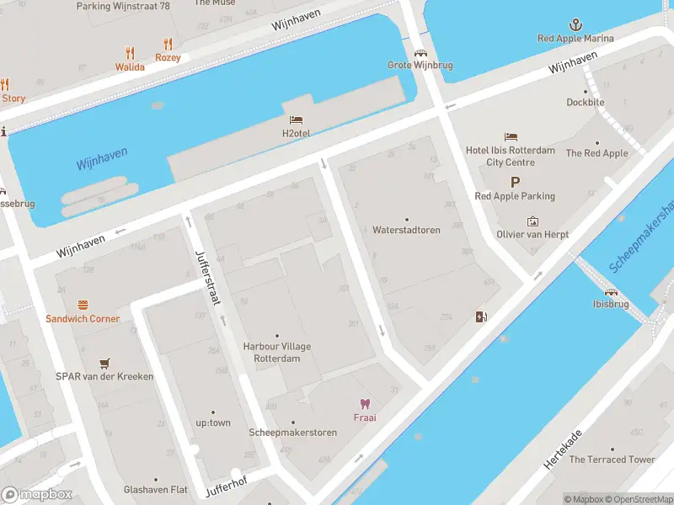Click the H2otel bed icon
pos(296,120)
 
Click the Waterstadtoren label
pos(406,230)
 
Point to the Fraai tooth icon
pos(365,404)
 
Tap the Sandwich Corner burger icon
pos(83,305)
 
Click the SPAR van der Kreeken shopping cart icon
pos(104,363)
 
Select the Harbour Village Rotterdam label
pos(276,352)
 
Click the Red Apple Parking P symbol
pos(515,182)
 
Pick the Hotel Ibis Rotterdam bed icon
pos(511,136)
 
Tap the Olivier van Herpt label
pos(532,235)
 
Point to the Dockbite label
pos(586,103)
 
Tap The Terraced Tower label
pos(612,460)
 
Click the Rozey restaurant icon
pos(168,44)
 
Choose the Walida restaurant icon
pos(130,53)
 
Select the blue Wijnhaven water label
pos(101,158)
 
